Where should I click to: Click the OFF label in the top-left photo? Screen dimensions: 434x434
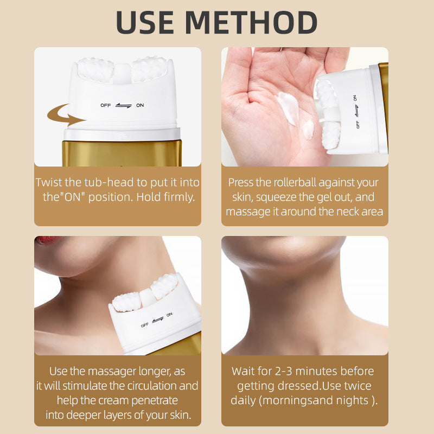pos(105,105)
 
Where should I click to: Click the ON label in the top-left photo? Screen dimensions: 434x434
pos(140,105)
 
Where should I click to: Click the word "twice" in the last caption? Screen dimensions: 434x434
pos(358,386)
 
